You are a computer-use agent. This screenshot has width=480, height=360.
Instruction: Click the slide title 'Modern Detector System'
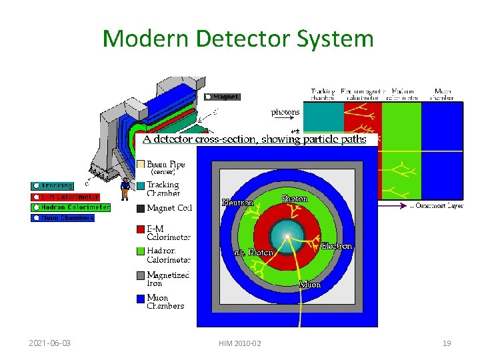pyautogui.click(x=238, y=39)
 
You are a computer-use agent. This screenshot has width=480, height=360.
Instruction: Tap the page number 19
pyautogui.click(x=447, y=343)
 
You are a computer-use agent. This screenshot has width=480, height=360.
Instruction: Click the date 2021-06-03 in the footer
pyautogui.click(x=50, y=343)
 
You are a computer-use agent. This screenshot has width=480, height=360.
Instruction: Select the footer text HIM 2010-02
pyautogui.click(x=239, y=343)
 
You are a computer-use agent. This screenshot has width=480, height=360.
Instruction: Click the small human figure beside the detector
pyautogui.click(x=125, y=189)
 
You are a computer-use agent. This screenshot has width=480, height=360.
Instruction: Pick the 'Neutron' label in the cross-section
pyautogui.click(x=237, y=203)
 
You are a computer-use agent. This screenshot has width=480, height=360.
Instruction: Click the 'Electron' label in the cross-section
pyautogui.click(x=336, y=246)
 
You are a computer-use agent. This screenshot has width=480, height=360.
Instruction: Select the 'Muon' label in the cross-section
pyautogui.click(x=310, y=285)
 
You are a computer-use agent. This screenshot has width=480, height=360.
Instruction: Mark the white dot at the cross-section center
pyautogui.click(x=287, y=237)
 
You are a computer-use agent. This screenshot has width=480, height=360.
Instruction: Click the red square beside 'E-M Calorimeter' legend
pyautogui.click(x=140, y=229)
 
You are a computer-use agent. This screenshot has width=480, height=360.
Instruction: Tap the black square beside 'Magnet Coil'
pyautogui.click(x=140, y=208)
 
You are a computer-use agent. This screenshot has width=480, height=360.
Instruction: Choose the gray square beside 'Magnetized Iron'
pyautogui.click(x=140, y=275)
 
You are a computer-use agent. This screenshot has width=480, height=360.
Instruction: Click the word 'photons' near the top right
pyautogui.click(x=285, y=113)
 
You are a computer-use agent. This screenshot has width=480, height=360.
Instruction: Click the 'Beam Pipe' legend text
pyautogui.click(x=166, y=164)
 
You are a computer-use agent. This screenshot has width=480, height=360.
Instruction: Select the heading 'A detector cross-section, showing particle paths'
pyautogui.click(x=254, y=139)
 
